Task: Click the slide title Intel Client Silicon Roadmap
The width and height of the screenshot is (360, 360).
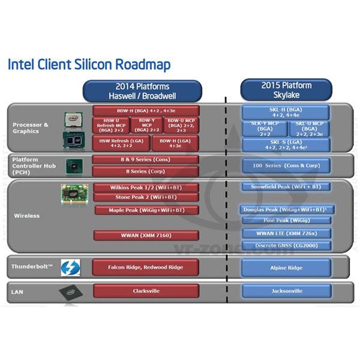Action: (x=89, y=64)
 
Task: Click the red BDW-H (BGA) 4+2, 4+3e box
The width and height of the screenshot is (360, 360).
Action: (x=146, y=110)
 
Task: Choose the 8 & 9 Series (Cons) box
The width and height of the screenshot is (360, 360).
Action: (x=146, y=160)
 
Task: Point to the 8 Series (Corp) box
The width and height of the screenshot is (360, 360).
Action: (x=146, y=171)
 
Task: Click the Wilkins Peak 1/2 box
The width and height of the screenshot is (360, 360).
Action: (x=146, y=187)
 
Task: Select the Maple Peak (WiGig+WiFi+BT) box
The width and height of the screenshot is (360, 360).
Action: (x=146, y=210)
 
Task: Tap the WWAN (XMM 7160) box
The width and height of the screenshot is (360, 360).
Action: (x=146, y=235)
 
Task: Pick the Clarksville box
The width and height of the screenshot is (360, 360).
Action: (x=146, y=291)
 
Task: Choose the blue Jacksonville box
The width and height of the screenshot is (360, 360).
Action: (x=286, y=291)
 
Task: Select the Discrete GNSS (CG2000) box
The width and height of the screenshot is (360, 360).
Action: (x=286, y=245)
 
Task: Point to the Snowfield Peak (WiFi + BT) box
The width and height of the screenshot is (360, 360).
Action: (x=286, y=187)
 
